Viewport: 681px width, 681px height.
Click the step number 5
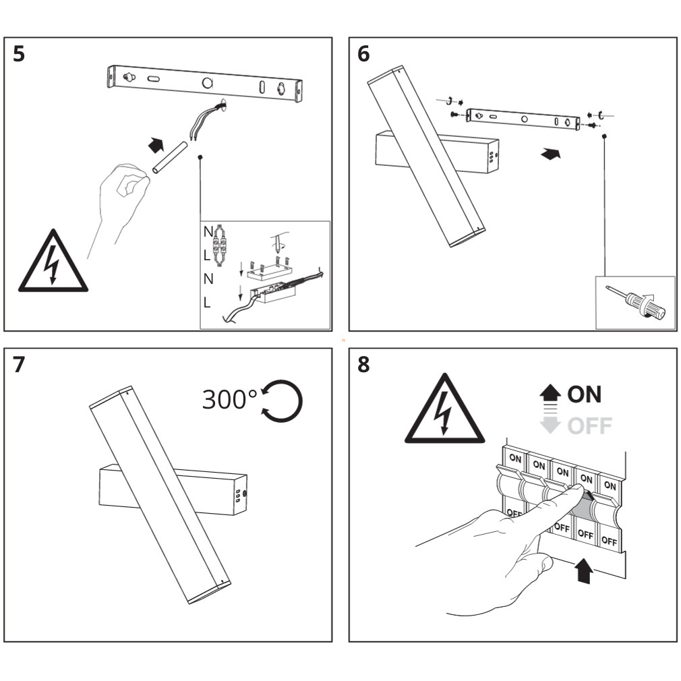click(x=19, y=54)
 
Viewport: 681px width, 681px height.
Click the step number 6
click(x=363, y=54)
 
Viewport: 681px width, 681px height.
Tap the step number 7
click(x=19, y=365)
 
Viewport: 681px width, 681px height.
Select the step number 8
click(x=363, y=365)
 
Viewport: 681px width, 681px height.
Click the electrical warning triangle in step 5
click(x=53, y=264)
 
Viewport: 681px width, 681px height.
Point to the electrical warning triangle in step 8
click(x=444, y=413)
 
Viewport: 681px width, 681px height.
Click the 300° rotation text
click(x=229, y=400)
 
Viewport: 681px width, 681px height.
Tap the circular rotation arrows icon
click(x=282, y=401)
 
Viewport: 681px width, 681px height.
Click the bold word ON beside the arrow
click(x=584, y=394)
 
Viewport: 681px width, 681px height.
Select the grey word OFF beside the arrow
click(x=589, y=425)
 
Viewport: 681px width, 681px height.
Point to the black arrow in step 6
click(x=551, y=154)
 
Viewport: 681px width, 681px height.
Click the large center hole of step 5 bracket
click(x=208, y=84)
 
